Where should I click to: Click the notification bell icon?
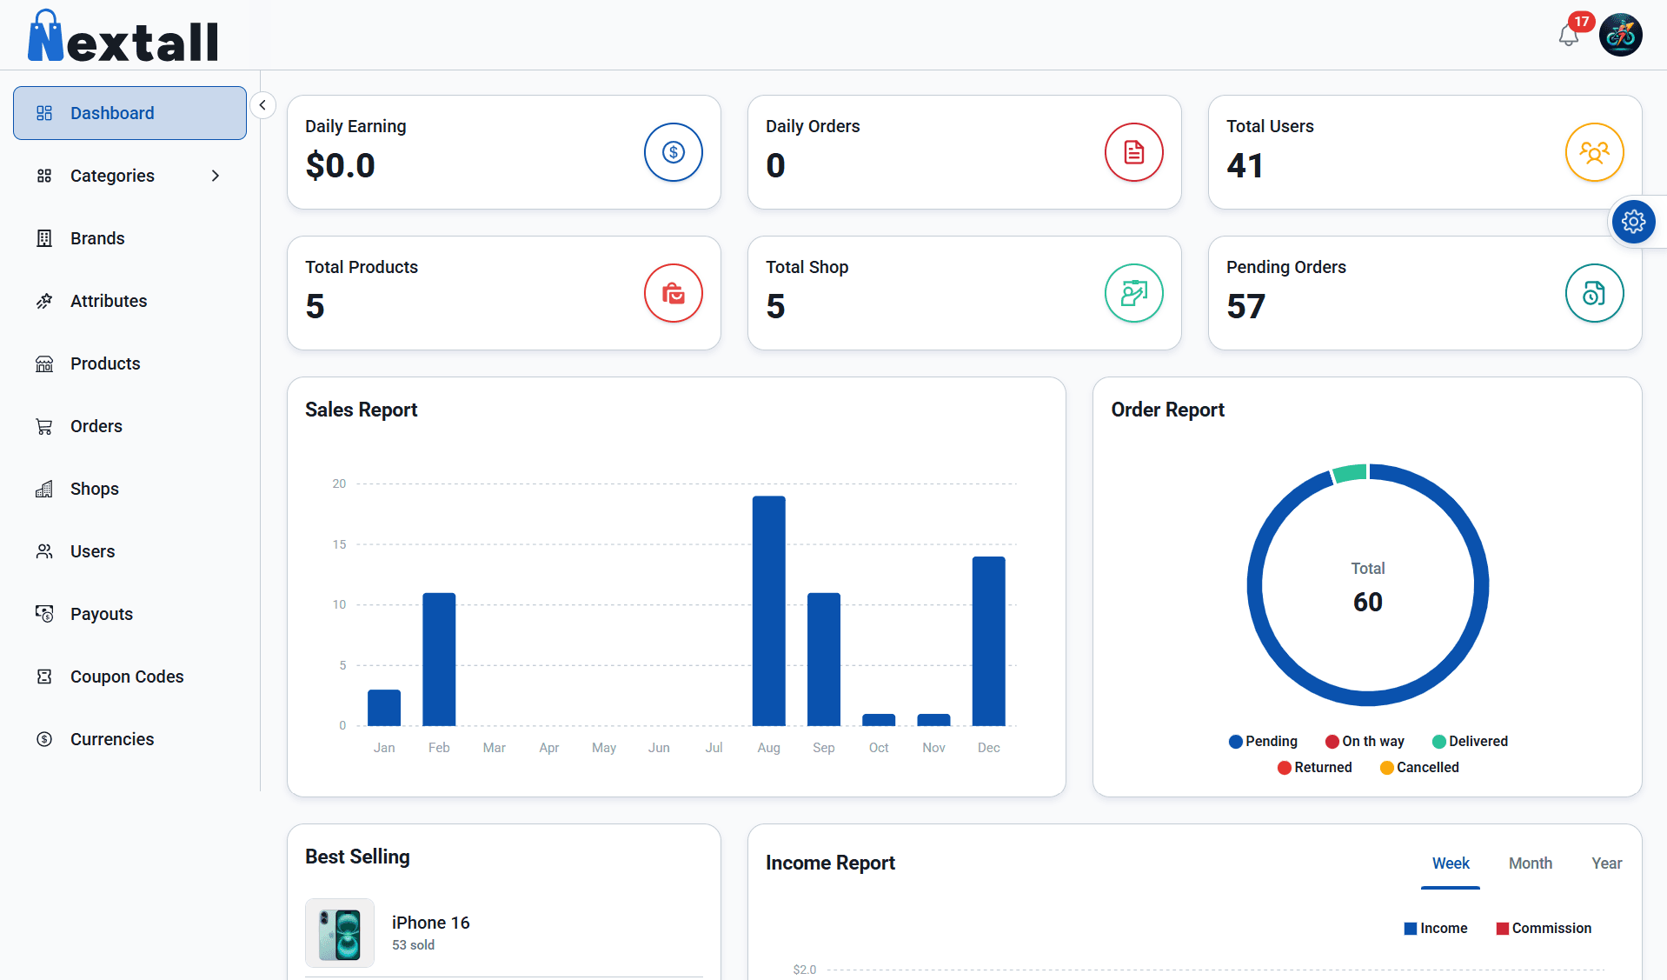[x=1568, y=37]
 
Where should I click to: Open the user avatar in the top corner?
[x=1620, y=36]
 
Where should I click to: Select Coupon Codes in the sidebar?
[x=127, y=677]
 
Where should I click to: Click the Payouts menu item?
[x=102, y=614]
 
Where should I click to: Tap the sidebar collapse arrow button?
[x=262, y=105]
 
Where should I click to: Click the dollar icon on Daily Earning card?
[x=673, y=152]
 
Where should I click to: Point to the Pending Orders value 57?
[x=1245, y=306]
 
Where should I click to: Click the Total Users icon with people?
[x=1594, y=152]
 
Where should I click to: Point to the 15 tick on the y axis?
[x=339, y=544]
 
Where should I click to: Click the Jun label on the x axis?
[x=659, y=748]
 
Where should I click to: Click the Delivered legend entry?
[x=1470, y=741]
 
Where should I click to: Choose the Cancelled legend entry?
[x=1419, y=767]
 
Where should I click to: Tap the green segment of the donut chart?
[x=1350, y=473]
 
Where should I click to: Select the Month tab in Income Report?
[x=1530, y=863]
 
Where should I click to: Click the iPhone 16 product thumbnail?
[x=340, y=933]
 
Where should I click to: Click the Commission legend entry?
[x=1544, y=928]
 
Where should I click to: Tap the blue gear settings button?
[x=1633, y=222]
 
